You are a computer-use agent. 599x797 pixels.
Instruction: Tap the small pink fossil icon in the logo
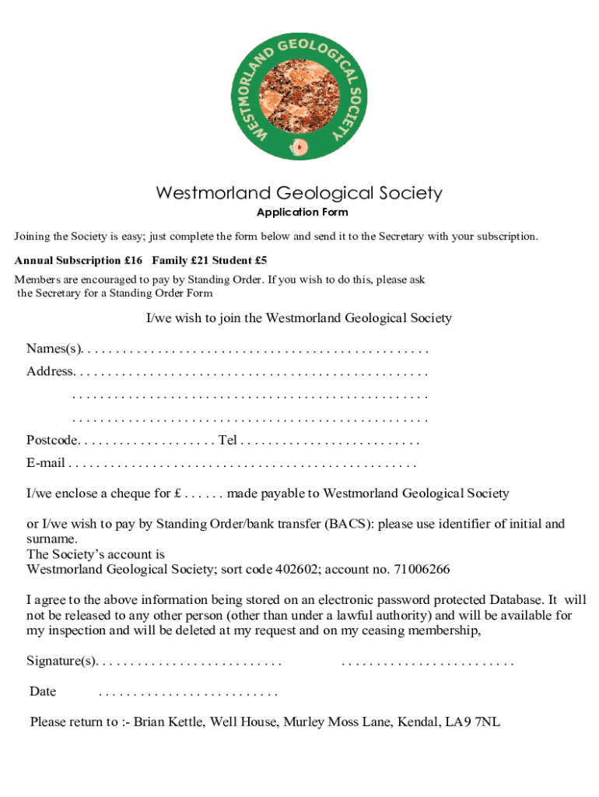299,146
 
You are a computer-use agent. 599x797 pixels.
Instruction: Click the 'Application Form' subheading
303,212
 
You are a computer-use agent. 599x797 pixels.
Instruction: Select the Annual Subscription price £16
131,260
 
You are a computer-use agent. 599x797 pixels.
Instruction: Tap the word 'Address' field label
49,371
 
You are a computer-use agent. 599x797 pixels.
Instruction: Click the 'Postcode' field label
51,441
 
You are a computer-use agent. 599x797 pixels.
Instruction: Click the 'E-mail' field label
45,465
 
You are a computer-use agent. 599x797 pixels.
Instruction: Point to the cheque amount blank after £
204,493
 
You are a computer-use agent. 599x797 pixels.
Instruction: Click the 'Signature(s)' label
61,662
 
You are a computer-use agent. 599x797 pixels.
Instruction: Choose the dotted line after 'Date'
188,691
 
